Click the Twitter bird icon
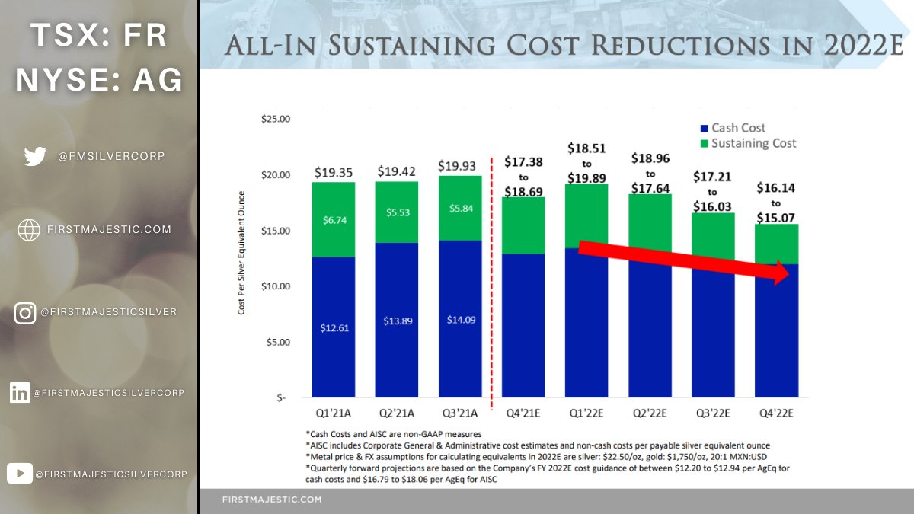click(35, 156)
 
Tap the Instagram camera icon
click(25, 313)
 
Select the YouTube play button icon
click(19, 474)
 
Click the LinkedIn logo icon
click(20, 393)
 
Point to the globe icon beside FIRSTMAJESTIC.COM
click(29, 230)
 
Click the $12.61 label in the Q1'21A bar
click(333, 328)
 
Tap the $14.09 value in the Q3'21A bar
click(460, 320)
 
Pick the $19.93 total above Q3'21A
click(460, 166)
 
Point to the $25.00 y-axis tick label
click(275, 120)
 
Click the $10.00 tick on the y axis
click(275, 286)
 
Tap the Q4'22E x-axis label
click(776, 414)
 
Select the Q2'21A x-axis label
click(396, 414)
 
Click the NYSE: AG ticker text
click(99, 79)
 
